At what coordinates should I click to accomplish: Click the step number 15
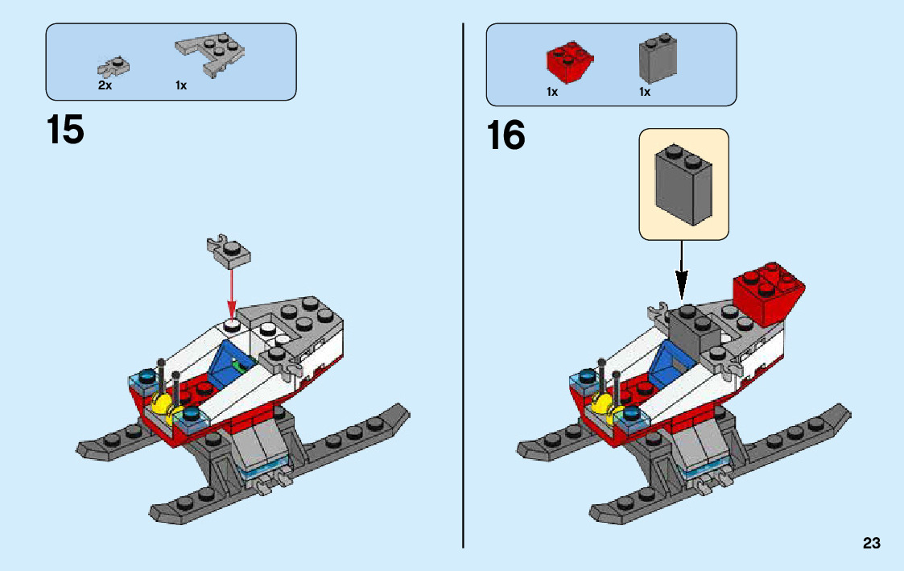65,130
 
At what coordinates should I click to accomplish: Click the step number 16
506,135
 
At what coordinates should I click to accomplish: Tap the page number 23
871,544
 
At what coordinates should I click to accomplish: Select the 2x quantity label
105,85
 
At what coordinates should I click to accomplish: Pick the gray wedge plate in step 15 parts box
212,56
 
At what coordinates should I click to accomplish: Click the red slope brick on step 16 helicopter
768,292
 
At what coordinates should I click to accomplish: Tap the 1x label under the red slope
552,93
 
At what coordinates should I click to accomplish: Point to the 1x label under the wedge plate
181,85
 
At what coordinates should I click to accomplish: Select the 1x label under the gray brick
645,93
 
